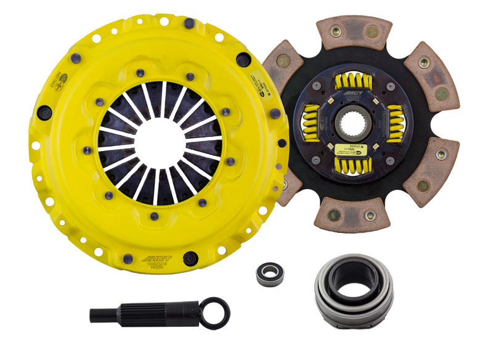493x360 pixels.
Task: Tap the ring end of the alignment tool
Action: (217, 313)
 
